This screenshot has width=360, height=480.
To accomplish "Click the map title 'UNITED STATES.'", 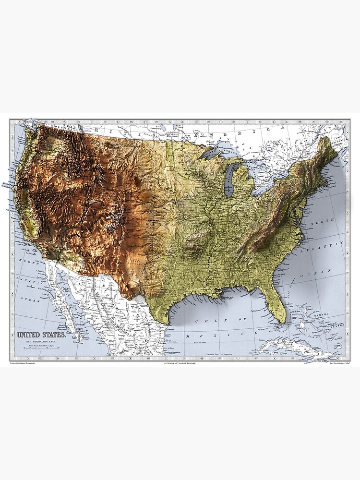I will tap(42, 335).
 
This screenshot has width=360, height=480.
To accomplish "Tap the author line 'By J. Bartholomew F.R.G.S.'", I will tap(42, 341).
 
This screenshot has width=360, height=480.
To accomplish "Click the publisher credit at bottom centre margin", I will tap(180, 363).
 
